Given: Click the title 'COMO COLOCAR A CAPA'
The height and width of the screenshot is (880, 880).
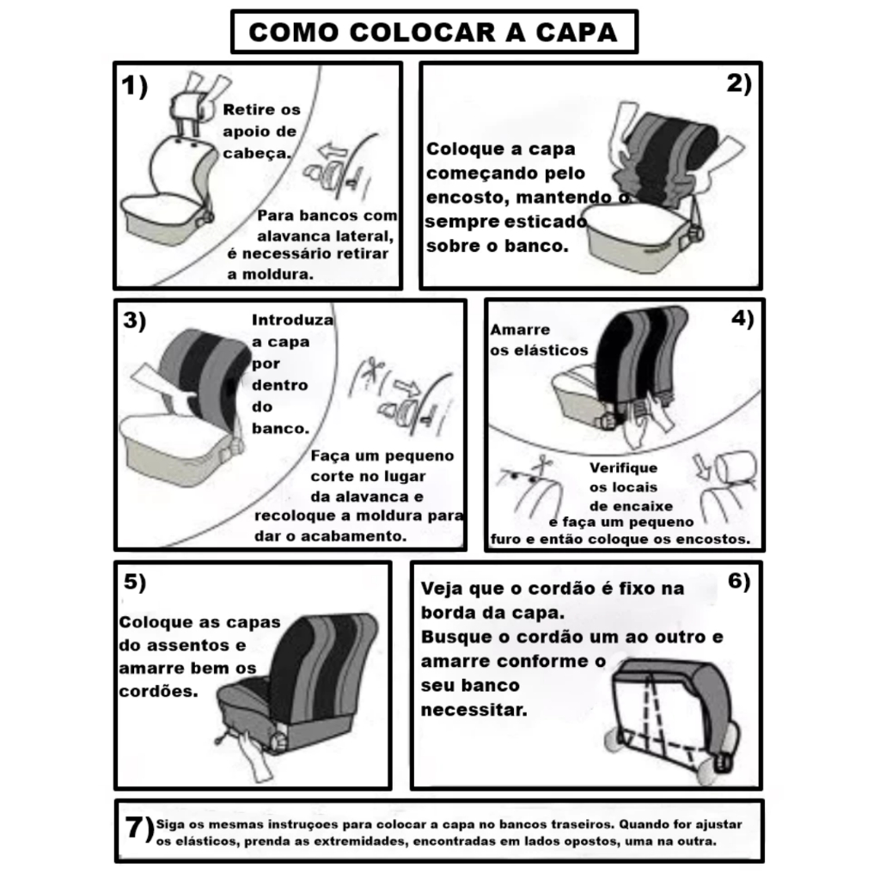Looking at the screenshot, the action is [x=433, y=32].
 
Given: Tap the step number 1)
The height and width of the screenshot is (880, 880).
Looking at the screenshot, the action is [x=135, y=87].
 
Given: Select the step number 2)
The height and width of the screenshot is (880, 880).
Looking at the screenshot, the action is [x=739, y=83].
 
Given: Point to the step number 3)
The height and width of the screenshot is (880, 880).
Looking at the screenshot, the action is [x=135, y=321].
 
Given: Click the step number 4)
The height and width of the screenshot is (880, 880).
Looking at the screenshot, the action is [x=742, y=319].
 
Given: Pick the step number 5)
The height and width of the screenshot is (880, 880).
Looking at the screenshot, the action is [x=135, y=582].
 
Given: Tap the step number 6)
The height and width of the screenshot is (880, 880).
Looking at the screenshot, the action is [x=739, y=581].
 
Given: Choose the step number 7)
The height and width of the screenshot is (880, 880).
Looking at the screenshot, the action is [x=139, y=828].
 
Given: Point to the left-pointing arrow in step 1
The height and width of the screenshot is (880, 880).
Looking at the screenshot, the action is [x=332, y=150].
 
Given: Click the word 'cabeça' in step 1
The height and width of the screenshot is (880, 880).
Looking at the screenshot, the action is [x=255, y=153].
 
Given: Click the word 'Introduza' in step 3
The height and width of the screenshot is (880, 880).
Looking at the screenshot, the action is [x=292, y=320].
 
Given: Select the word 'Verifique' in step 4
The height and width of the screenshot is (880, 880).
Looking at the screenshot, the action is [x=623, y=468].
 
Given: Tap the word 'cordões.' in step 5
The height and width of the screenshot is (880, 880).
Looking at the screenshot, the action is [x=158, y=691].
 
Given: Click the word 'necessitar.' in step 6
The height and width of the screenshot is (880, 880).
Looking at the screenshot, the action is [x=474, y=710].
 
